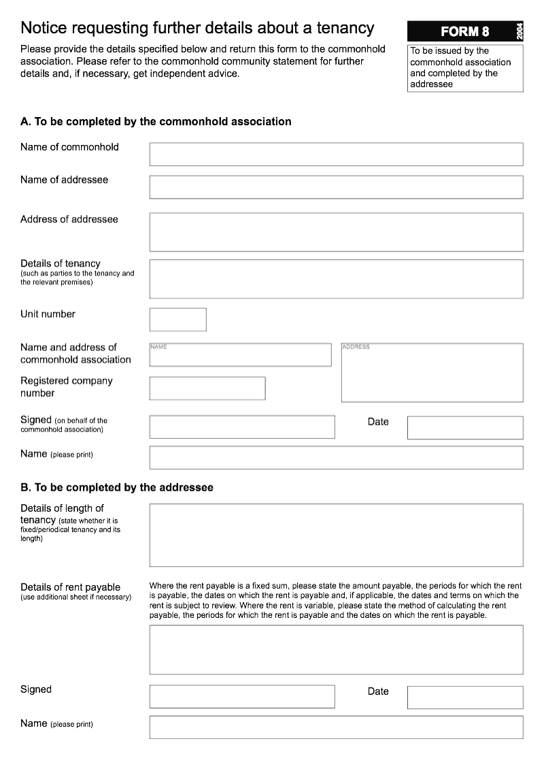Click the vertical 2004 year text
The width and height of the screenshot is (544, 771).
(520, 31)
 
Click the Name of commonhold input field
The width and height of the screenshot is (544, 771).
(336, 154)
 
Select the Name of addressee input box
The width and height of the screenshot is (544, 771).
(336, 187)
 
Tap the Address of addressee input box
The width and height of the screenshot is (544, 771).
(336, 232)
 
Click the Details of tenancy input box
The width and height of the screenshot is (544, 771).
(336, 279)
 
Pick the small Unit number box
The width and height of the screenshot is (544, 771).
(177, 320)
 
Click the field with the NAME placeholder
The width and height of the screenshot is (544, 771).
(240, 355)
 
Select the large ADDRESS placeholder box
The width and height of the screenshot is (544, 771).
(432, 373)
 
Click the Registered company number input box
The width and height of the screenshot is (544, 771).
(207, 389)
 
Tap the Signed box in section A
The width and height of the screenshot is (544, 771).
(242, 427)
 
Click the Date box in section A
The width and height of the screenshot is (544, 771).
(465, 428)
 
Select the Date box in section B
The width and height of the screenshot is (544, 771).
(465, 698)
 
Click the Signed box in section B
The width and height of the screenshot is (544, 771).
(242, 697)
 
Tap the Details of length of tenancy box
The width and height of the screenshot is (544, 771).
(336, 536)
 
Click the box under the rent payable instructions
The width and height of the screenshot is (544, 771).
(336, 650)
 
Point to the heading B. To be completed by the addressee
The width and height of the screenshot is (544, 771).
(117, 488)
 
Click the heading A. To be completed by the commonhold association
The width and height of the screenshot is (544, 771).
(156, 122)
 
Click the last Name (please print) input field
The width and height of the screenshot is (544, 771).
(336, 727)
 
